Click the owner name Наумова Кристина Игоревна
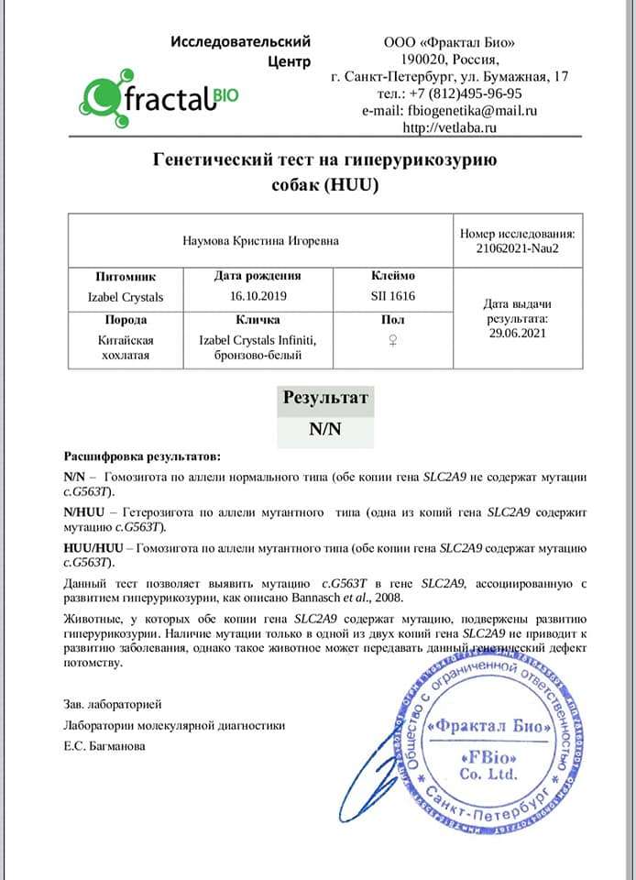pos(260,240)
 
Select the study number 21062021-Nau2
pos(518,247)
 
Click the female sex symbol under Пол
pos(392,339)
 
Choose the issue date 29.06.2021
pos(518,333)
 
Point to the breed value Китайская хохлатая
pos(126,347)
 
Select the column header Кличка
pos(258,320)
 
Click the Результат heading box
pos(325,399)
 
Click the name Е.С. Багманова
pos(104,745)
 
